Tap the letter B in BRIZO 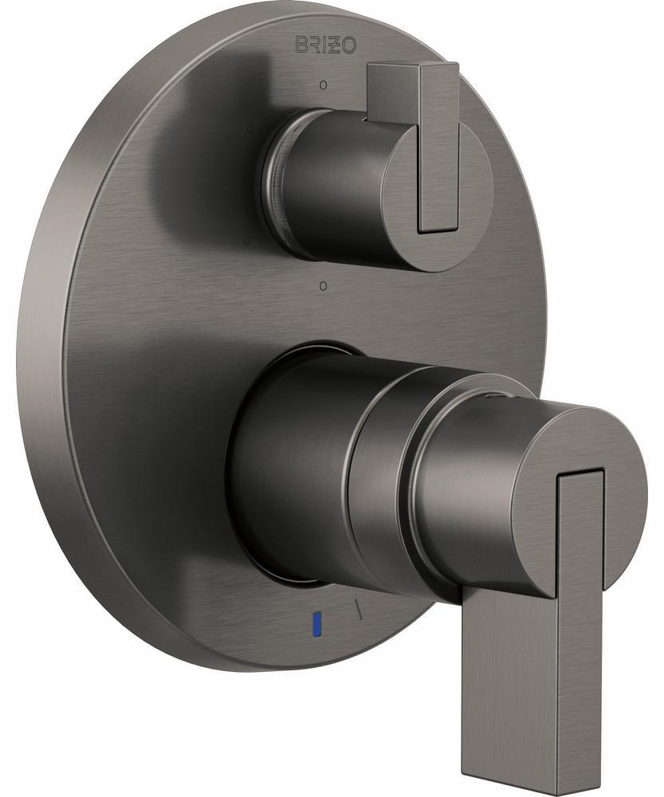pyautogui.click(x=303, y=45)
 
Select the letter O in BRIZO pyautogui.click(x=352, y=45)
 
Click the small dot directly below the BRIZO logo pyautogui.click(x=323, y=84)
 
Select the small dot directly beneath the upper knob pyautogui.click(x=322, y=284)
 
